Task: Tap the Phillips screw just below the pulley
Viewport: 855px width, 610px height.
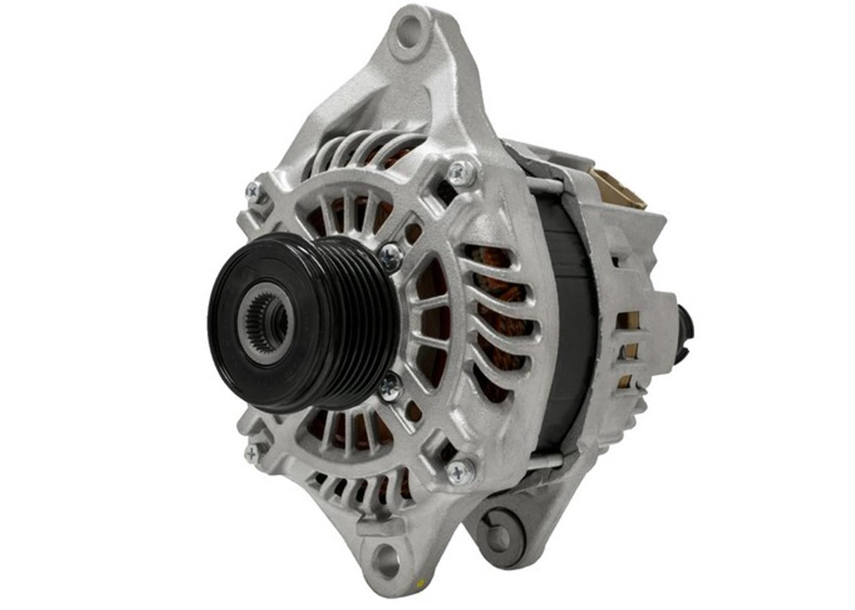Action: click(x=390, y=387)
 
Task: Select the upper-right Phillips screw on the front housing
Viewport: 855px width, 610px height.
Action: click(x=461, y=172)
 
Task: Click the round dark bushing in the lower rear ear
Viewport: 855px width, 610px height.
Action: click(x=500, y=526)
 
